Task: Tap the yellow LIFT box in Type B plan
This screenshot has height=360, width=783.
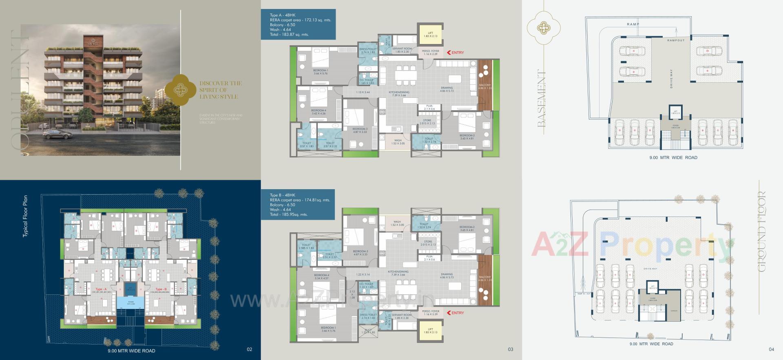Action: [430, 331]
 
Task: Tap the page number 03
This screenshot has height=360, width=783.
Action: [510, 349]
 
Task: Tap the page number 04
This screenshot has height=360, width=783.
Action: [771, 349]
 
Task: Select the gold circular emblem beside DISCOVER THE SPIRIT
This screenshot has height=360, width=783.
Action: [180, 90]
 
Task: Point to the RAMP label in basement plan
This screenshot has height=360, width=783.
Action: [633, 24]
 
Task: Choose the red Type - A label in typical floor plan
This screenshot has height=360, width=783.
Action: [96, 289]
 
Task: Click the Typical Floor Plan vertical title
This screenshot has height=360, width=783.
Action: [25, 216]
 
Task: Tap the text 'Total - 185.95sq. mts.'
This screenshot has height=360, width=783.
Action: [289, 214]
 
